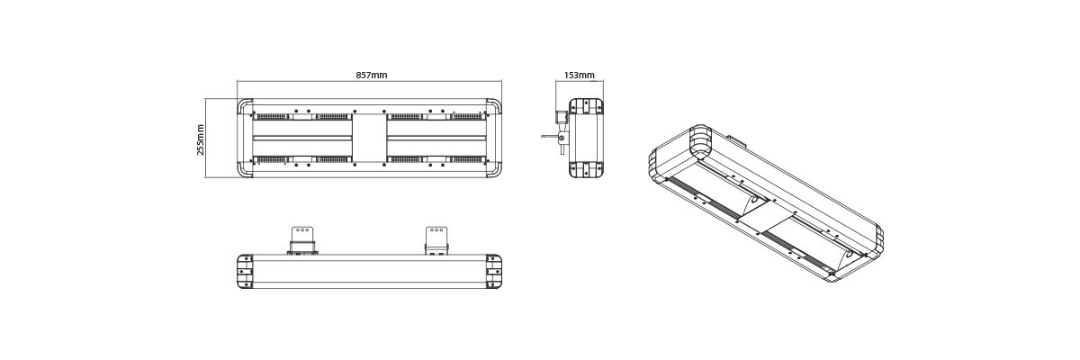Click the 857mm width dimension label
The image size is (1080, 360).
click(371, 76)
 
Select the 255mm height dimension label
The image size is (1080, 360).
click(201, 139)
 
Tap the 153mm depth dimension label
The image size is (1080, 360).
click(579, 76)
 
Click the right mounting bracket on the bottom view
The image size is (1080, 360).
click(436, 240)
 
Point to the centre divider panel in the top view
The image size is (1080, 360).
click(370, 139)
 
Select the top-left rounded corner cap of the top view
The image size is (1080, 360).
click(246, 108)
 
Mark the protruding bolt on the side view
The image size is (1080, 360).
click(549, 137)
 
